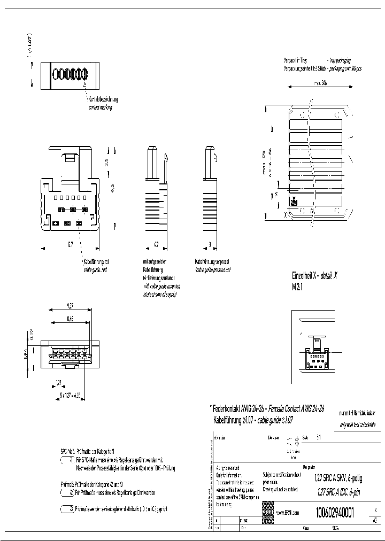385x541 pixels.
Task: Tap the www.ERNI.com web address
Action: pyautogui.click(x=288, y=513)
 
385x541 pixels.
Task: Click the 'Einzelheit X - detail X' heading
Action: pyautogui.click(x=314, y=276)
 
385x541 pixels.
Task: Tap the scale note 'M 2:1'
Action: pyautogui.click(x=297, y=286)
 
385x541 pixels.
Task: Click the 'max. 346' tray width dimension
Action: pyautogui.click(x=320, y=83)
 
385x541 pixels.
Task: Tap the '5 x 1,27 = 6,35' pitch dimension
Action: pyautogui.click(x=68, y=395)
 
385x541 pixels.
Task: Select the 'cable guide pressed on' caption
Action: pyautogui.click(x=213, y=270)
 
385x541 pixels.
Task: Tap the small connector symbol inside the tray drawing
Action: pyautogui.click(x=294, y=202)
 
